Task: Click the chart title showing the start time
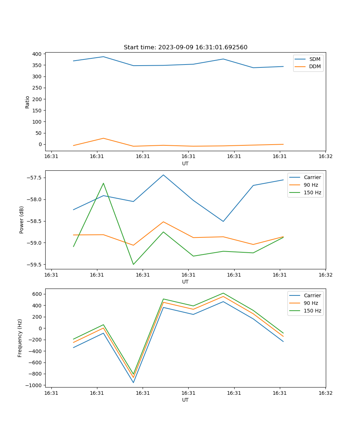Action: point(185,47)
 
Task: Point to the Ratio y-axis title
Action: point(28,102)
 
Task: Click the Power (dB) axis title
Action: point(22,220)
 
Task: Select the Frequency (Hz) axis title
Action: point(20,338)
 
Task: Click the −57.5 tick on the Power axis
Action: point(34,178)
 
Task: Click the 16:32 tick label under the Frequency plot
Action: point(325,393)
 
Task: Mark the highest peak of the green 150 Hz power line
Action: point(104,183)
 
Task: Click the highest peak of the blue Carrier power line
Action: point(163,175)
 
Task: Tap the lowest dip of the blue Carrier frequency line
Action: point(133,382)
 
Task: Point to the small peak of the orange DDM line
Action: point(104,138)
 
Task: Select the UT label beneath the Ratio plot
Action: point(185,163)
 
